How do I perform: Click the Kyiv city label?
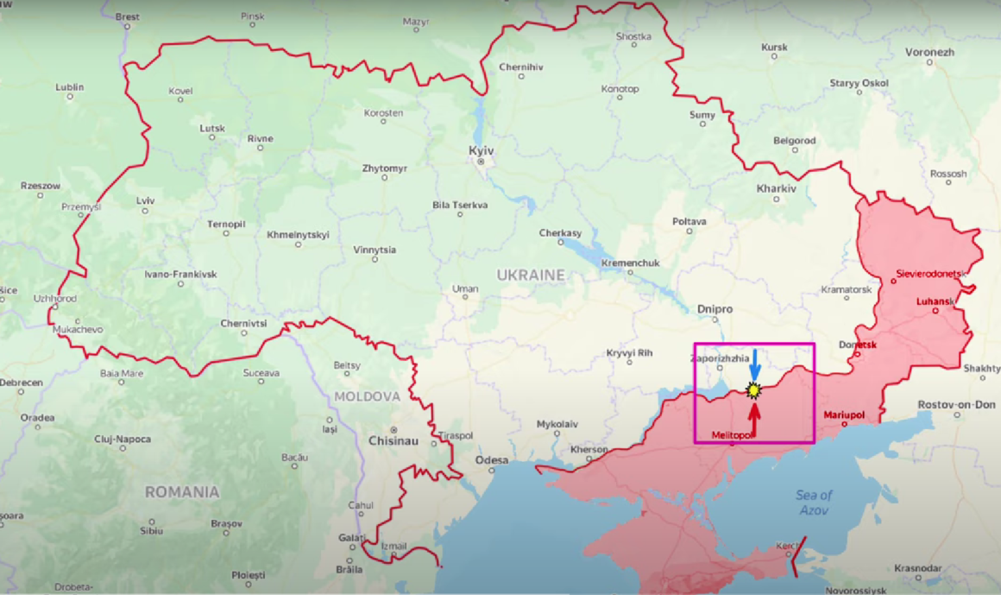click(x=481, y=150)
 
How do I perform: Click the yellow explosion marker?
click(x=754, y=391)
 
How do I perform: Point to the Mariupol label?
click(x=844, y=415)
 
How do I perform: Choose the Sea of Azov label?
click(x=815, y=503)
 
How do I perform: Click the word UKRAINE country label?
click(x=531, y=275)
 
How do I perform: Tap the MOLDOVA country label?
click(x=368, y=396)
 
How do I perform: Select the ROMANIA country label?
click(x=182, y=492)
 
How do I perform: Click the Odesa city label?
click(x=492, y=460)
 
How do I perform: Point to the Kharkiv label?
click(x=776, y=188)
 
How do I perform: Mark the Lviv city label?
click(x=145, y=200)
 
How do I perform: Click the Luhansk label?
click(x=935, y=301)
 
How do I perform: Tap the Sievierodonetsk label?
click(x=930, y=273)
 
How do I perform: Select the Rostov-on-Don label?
click(x=956, y=404)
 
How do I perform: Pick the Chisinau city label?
click(x=393, y=440)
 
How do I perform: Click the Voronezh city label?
click(x=929, y=52)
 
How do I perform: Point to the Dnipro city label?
click(x=715, y=309)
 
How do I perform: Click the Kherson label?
click(x=589, y=450)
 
